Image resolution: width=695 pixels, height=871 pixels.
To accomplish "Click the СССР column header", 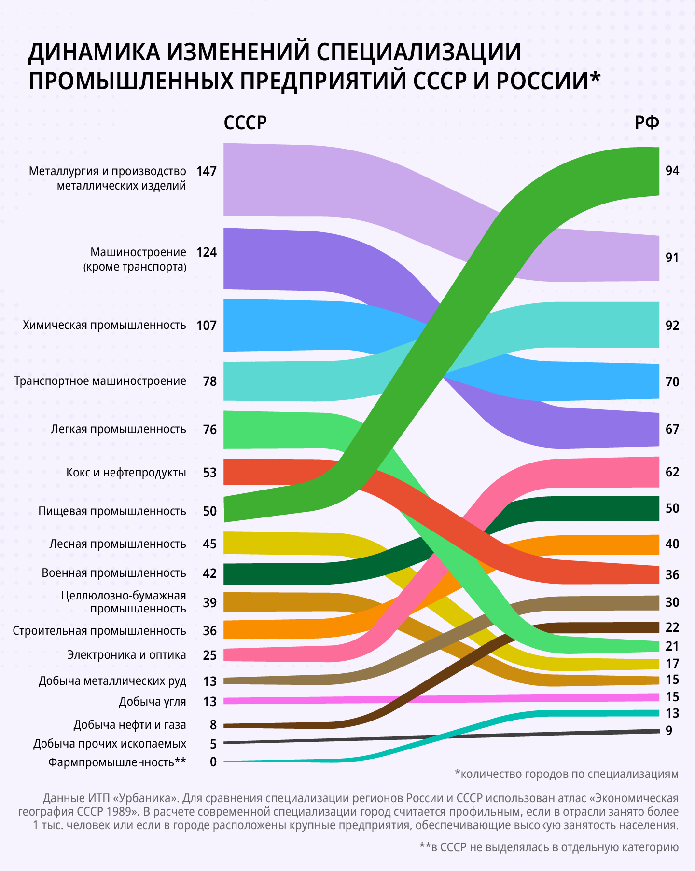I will (245, 123).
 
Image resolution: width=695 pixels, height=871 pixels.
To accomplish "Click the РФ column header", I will (647, 123).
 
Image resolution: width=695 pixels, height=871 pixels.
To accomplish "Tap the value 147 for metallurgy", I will (207, 171).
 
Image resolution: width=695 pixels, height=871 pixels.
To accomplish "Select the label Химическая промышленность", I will (104, 325).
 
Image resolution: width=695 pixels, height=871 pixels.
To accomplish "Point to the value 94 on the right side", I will (672, 171).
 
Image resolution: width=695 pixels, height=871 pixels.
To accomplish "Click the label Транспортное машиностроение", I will (100, 381).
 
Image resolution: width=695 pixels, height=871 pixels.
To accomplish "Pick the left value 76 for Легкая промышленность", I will (210, 430).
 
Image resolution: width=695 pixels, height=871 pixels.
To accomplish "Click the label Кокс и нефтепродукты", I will (126, 473).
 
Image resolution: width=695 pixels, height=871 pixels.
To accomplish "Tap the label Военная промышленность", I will (114, 573).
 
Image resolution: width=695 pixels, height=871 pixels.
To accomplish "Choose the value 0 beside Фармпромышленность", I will (213, 762).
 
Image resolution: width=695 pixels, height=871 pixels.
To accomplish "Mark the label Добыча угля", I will (153, 702).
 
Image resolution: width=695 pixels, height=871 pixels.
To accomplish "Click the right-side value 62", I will (672, 472).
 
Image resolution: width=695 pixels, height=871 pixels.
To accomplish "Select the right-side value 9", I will (669, 731).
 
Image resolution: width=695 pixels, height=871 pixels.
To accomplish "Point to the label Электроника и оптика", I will (126, 655).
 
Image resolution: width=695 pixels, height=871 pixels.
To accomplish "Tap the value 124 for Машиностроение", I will (207, 252).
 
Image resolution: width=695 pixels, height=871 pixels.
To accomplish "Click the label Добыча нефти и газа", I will (130, 725).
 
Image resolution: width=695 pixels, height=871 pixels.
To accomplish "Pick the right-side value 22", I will (672, 627).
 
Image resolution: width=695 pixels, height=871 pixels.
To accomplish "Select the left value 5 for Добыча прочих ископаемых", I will (213, 744).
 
